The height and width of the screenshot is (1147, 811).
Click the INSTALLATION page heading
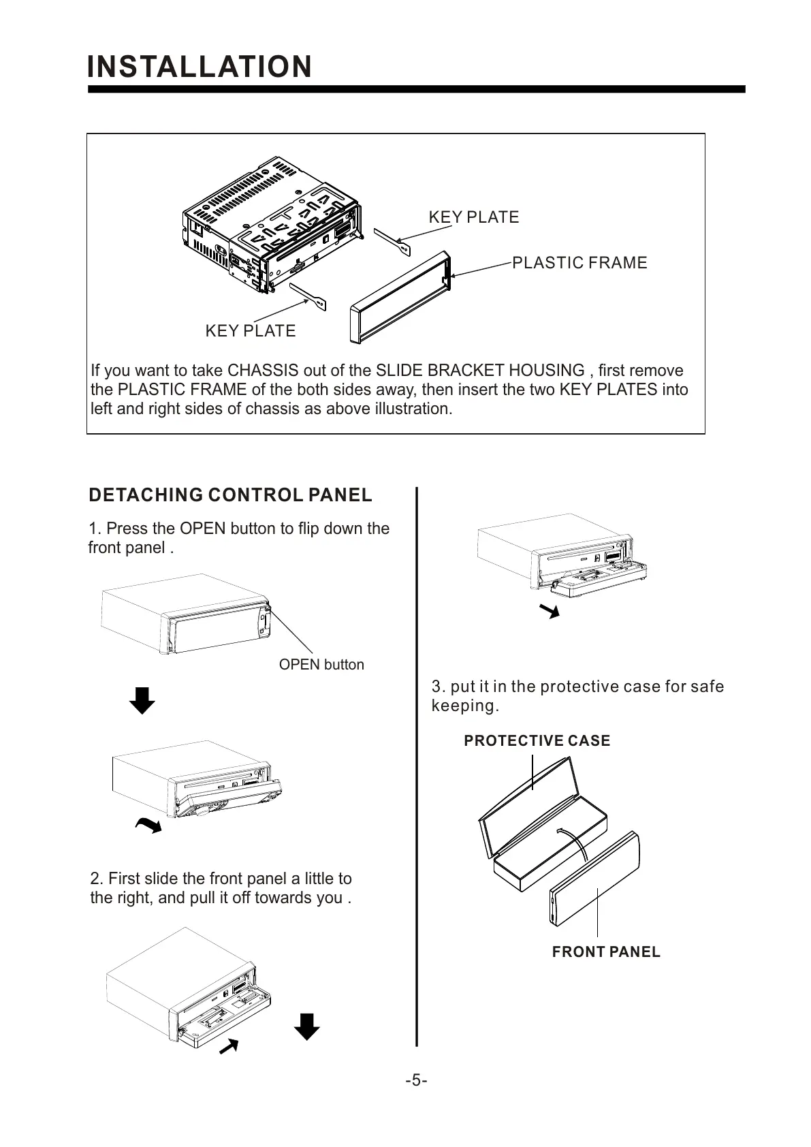[200, 67]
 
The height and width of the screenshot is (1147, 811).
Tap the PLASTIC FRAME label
[579, 263]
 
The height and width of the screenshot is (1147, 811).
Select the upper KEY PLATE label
[473, 217]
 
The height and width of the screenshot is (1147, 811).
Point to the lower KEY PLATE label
[251, 331]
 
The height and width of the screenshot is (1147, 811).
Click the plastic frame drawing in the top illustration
[399, 300]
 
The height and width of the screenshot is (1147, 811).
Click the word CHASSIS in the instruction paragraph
[262, 371]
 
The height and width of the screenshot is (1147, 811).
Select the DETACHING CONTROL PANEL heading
[230, 495]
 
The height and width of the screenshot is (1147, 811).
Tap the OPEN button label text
[321, 665]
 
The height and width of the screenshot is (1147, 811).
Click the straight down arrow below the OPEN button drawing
[142, 700]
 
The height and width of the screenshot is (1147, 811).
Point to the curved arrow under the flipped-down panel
[149, 826]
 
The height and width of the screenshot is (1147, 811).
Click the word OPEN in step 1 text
[202, 529]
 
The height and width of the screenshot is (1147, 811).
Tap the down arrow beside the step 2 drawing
[306, 1026]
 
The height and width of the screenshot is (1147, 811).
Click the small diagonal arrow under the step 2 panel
[229, 1046]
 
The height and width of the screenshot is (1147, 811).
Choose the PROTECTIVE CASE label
[537, 741]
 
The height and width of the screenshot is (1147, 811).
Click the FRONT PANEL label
[606, 952]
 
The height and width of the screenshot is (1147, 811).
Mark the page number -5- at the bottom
[416, 1081]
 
